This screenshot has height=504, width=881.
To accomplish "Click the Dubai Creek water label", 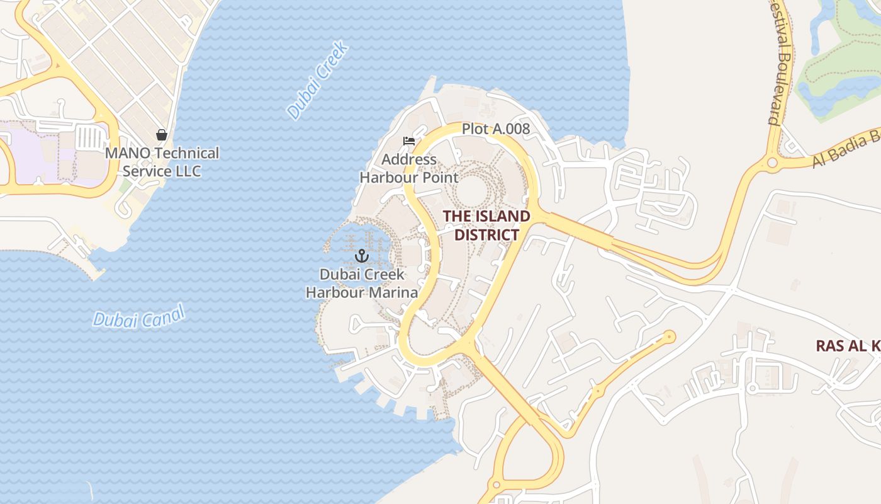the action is (x=317, y=81).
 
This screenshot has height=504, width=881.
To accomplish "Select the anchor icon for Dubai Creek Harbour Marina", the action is (x=361, y=255).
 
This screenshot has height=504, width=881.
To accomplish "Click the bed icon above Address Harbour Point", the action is (x=409, y=140).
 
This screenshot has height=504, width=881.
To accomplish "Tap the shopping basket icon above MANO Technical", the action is (x=162, y=134).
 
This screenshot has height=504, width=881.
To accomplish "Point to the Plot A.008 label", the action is (x=496, y=129).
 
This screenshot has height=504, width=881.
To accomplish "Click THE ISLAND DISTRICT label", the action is (x=486, y=226).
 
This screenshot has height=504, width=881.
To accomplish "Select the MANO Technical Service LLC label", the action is (x=162, y=162).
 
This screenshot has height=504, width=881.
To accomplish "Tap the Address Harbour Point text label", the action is (x=409, y=168).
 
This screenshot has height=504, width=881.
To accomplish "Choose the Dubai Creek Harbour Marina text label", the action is (x=361, y=283).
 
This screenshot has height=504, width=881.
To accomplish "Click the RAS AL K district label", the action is (x=848, y=345).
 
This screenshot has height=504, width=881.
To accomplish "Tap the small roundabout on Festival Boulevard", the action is (x=772, y=163).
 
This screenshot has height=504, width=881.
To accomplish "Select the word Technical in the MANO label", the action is (x=187, y=153).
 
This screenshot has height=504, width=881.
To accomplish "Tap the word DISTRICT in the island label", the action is (x=486, y=235).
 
